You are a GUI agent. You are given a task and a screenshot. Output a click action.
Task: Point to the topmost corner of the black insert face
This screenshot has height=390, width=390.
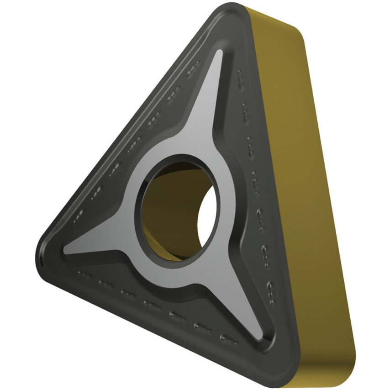coord(231,10)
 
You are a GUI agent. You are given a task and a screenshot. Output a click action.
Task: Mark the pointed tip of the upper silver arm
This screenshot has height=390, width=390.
coord(220,53)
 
